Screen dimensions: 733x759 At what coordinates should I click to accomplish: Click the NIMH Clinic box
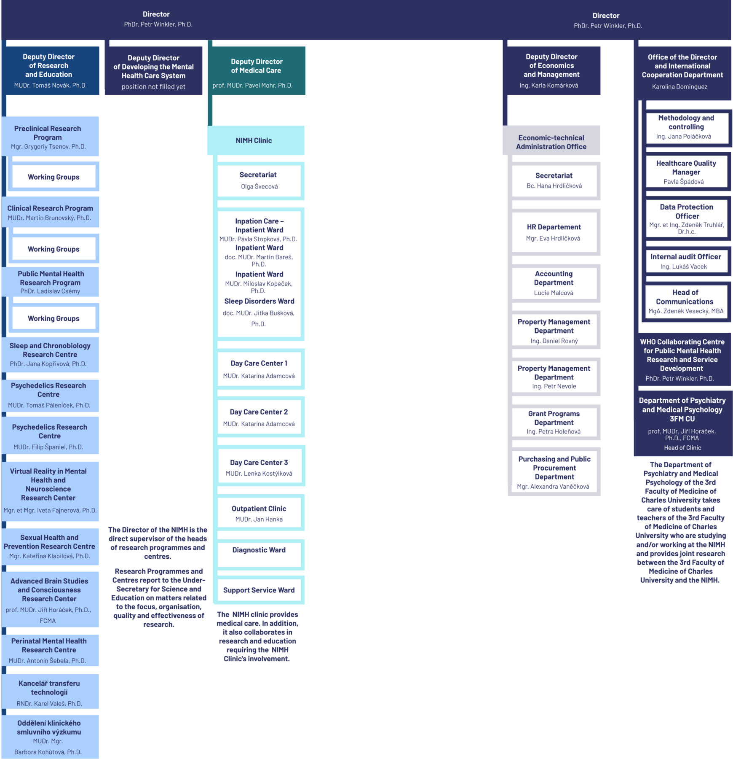[256, 140]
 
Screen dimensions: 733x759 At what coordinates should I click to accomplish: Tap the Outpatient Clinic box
[259, 513]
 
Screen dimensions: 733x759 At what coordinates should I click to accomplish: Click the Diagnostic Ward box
[259, 554]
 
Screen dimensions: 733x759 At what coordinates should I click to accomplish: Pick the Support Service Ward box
[259, 590]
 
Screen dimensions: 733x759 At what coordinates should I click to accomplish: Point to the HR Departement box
[554, 232]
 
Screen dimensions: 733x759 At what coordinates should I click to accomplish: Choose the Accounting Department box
[554, 283]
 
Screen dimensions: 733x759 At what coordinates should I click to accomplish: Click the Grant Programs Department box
[554, 422]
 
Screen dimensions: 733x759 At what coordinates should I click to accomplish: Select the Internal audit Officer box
[686, 261]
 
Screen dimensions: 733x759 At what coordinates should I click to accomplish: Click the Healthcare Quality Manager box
[686, 172]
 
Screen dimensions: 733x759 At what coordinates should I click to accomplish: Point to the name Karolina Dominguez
[680, 87]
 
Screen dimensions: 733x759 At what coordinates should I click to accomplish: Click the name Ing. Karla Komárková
[549, 86]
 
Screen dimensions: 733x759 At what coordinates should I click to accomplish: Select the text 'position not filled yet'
[153, 87]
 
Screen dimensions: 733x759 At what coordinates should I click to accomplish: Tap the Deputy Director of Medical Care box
[257, 70]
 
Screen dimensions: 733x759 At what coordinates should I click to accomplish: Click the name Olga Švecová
[259, 186]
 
